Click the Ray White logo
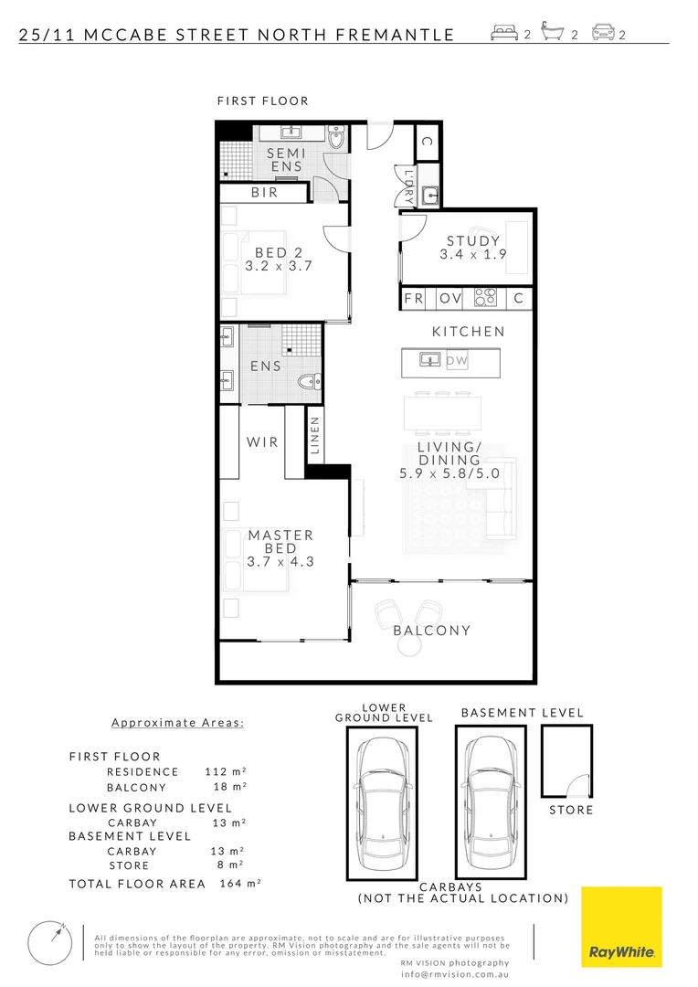[621, 927]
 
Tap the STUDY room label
[472, 241]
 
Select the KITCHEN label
[468, 332]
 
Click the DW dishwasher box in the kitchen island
[457, 361]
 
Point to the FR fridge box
[414, 298]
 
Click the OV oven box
[450, 298]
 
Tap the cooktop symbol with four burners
[484, 298]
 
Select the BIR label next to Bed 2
[265, 194]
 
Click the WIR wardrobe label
[262, 442]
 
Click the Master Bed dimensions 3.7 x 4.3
[280, 562]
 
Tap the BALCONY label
[431, 631]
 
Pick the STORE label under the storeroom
[571, 810]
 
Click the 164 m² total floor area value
[241, 884]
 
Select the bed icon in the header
[505, 35]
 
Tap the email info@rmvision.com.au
[454, 974]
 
